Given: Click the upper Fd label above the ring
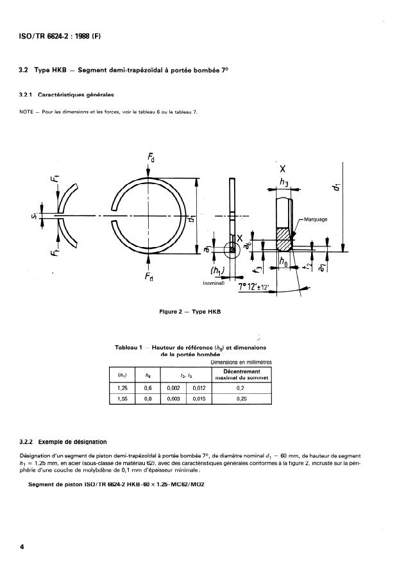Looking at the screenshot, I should click(x=149, y=157).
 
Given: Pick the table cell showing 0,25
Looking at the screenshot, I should click(x=241, y=398).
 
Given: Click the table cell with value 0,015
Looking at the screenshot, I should click(x=198, y=398).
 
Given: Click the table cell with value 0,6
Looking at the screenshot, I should click(x=148, y=388).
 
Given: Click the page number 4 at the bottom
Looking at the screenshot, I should click(x=22, y=547).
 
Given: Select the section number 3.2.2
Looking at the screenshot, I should click(x=29, y=442).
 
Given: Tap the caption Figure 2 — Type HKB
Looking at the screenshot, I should click(x=190, y=311).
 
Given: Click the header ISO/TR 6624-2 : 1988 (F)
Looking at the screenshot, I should click(x=55, y=36).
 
